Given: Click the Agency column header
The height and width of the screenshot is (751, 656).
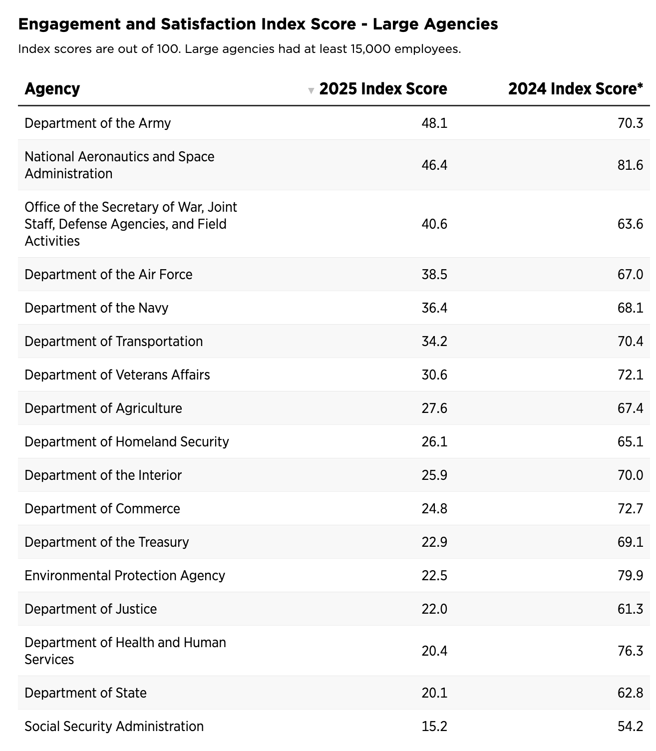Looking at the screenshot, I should pos(52,89).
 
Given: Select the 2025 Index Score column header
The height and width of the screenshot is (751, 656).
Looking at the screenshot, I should pos(383,89).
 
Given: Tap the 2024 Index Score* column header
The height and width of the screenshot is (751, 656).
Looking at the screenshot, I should pos(575,89).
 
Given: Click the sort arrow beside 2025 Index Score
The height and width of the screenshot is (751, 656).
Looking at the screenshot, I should pos(311,90).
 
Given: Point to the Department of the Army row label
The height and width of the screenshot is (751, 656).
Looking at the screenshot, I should pos(97,123).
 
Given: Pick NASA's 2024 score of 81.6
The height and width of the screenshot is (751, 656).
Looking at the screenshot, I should pos(630,165).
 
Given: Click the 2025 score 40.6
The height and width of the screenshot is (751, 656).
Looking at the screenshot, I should pos(434,224).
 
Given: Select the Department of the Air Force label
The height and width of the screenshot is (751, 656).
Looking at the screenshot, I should pos(108,274).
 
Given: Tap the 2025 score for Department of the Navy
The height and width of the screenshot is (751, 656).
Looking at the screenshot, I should pos(434,308).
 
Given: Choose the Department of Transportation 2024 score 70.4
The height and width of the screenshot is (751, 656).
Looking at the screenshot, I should pos(630,341).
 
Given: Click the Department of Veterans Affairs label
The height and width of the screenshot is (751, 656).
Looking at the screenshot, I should pos(117,375).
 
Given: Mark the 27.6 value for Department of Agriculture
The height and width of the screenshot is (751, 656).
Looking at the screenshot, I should pos(434,408).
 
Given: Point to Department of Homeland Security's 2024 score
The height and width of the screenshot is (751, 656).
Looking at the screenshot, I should pos(630,441).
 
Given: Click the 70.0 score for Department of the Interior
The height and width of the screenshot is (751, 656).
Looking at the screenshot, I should pos(630,475).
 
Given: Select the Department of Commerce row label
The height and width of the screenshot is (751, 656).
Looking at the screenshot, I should pos(102,508).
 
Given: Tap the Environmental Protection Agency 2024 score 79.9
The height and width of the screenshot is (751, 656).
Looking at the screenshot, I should pos(630,575).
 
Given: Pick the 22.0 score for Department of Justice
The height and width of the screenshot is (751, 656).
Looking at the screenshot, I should pos(434,609).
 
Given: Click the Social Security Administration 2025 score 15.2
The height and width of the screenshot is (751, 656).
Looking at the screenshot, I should pos(434,726).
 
